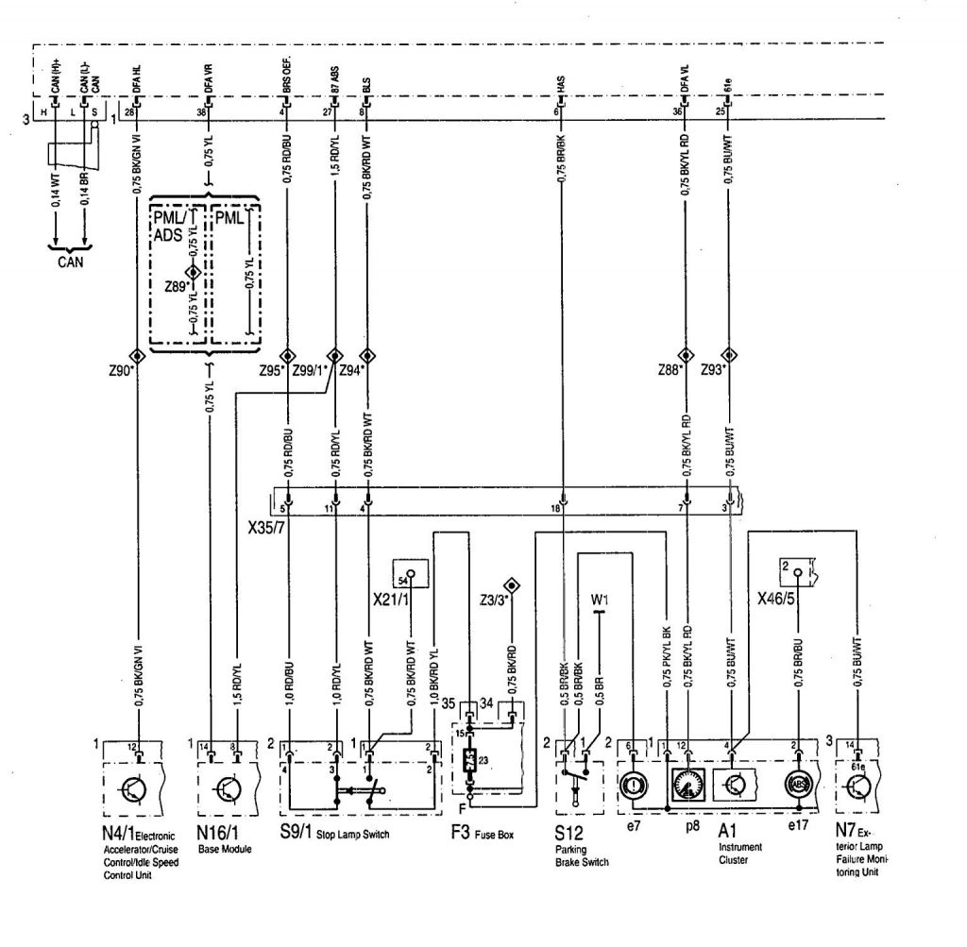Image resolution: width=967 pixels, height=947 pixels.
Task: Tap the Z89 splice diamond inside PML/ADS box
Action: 194,272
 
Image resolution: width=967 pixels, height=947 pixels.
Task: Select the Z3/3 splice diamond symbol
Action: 512,583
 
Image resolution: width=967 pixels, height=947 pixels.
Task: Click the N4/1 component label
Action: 117,834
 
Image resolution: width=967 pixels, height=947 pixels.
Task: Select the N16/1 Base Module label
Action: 216,834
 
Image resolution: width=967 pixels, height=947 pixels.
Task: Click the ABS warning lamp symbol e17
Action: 798,786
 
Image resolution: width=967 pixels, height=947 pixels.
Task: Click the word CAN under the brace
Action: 67,261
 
